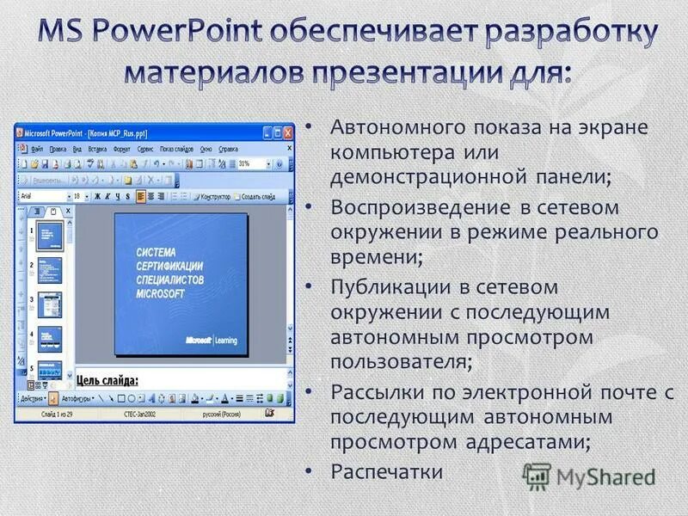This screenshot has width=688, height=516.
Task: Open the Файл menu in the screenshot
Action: (38, 149)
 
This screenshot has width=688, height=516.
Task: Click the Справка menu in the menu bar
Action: (229, 149)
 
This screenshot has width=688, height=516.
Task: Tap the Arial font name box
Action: (40, 196)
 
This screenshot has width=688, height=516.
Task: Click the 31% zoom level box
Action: (249, 163)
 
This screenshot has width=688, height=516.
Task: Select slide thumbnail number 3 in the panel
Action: (49, 304)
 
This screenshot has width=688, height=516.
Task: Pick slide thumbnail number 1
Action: (49, 235)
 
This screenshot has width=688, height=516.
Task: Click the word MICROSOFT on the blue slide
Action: (161, 294)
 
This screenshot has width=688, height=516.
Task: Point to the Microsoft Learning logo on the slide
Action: (211, 340)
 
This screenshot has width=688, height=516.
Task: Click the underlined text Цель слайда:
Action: (107, 379)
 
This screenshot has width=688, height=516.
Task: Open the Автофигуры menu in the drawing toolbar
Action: (75, 399)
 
